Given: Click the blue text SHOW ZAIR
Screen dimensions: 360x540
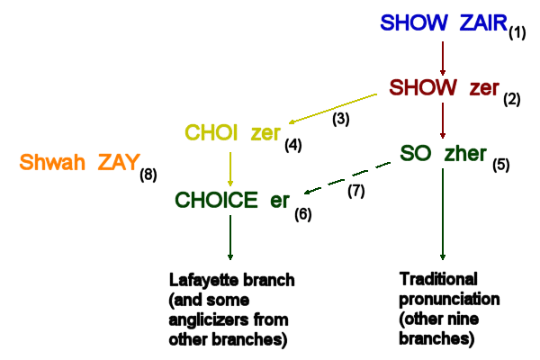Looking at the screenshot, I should point(443,23).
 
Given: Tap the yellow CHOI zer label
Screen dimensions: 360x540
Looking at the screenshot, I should point(233,133).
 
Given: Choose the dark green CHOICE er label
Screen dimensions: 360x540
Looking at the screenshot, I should point(231,200).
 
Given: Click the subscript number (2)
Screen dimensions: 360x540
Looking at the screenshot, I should point(512,98).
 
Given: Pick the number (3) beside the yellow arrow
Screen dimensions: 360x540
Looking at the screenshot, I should point(341,117).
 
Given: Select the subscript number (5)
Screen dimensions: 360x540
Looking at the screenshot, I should point(500,165).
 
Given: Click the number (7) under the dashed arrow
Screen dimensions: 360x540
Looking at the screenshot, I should point(356,191).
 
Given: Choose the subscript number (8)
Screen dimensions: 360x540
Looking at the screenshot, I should point(148,174).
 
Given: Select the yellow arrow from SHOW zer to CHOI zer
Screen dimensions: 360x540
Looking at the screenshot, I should point(332,107).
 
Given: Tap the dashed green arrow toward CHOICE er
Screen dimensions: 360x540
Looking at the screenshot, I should point(350,176).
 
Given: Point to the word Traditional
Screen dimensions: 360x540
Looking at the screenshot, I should point(437,278).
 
